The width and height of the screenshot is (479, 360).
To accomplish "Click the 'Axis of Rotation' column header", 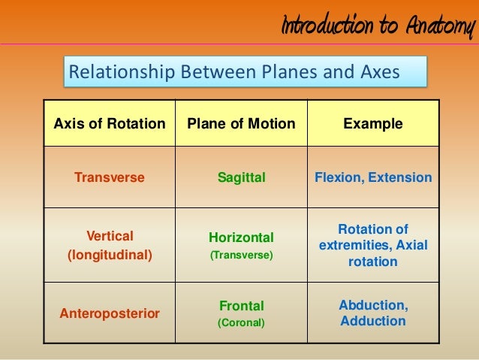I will [x=110, y=123].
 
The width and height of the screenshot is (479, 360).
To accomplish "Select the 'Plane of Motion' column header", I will [x=241, y=123].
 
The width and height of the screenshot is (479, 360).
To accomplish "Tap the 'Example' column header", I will [x=372, y=123].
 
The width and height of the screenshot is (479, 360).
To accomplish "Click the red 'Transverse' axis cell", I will [x=110, y=178].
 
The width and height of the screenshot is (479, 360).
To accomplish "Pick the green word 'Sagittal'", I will [x=241, y=178].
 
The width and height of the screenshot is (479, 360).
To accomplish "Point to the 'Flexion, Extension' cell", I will [x=373, y=178].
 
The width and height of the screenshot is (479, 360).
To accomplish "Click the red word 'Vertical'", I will [x=110, y=235].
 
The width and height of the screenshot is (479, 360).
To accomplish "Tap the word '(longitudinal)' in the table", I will [x=110, y=256].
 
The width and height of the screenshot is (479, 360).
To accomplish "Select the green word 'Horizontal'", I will [x=241, y=237].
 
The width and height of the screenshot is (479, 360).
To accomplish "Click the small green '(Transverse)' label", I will [x=241, y=256].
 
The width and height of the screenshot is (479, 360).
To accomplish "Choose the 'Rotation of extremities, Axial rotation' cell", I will [x=373, y=246].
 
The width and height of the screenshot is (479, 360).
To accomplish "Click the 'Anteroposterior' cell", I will [x=110, y=313].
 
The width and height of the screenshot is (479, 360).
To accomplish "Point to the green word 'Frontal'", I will [x=241, y=306].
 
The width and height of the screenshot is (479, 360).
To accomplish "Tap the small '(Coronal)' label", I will [x=241, y=324].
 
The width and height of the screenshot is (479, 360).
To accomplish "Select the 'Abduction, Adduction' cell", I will [x=373, y=313].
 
